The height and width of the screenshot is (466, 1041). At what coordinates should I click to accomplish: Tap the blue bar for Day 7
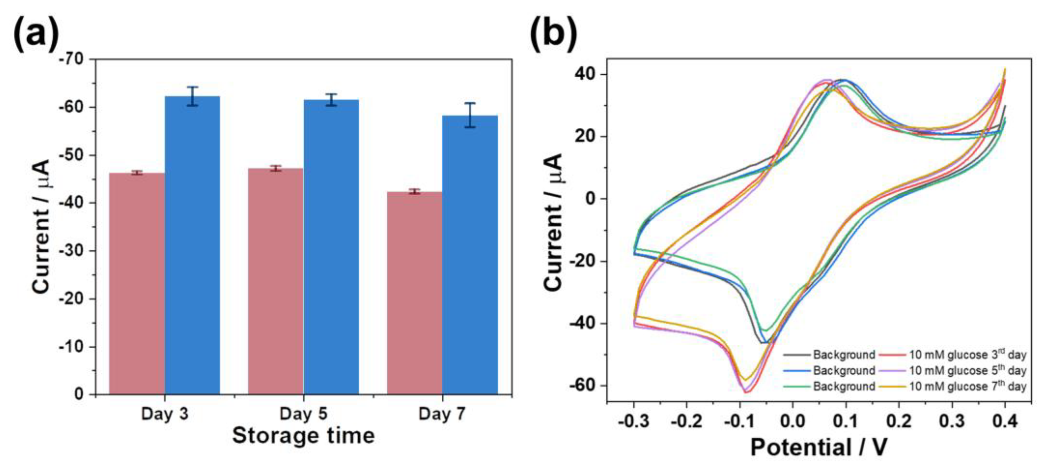coord(470,255)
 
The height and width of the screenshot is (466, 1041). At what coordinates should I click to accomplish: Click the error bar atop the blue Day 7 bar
coord(470,115)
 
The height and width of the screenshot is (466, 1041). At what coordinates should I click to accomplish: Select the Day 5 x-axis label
coord(303,414)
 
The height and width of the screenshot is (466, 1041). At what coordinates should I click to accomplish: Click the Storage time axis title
coord(303,436)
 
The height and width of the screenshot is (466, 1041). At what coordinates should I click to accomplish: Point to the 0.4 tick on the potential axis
coord(1005,421)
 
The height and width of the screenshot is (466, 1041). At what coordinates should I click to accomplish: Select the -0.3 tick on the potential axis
coord(634,421)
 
